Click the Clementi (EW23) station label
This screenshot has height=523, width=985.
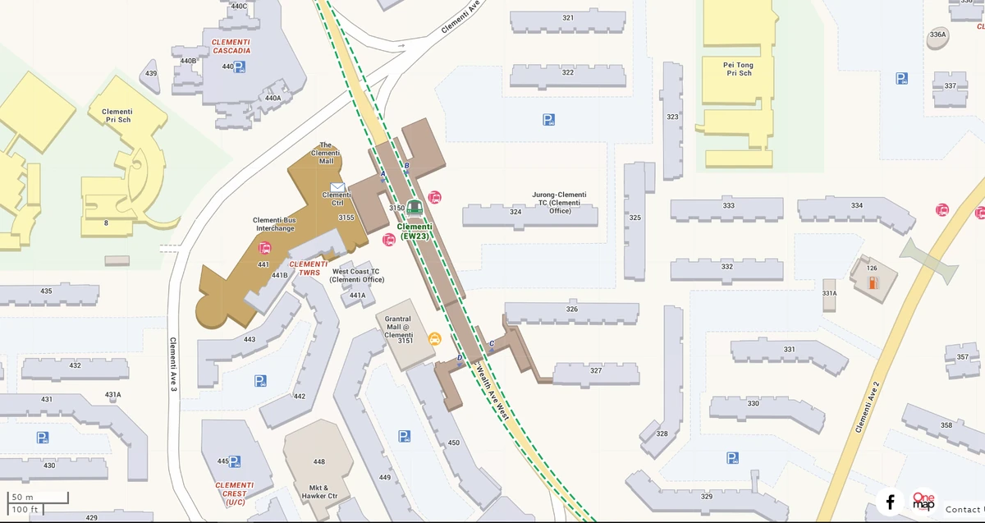tap(415, 231)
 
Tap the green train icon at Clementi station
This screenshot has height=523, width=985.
tap(415, 207)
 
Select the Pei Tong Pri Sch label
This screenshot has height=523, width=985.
tap(739, 69)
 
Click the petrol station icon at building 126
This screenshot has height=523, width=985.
tap(873, 283)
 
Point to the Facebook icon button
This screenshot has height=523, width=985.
tap(890, 502)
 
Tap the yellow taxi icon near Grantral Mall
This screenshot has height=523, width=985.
tap(434, 338)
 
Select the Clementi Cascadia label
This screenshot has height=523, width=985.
tap(231, 46)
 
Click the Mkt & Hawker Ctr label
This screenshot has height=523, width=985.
tap(319, 491)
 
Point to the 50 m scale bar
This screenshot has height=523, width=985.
tap(38, 498)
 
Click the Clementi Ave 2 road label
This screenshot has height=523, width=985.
tap(867, 407)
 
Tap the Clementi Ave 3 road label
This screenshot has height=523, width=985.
tap(173, 364)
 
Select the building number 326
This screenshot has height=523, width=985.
tap(572, 310)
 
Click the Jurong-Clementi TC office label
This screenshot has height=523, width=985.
tap(558, 202)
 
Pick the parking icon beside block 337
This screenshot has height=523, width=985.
tap(901, 79)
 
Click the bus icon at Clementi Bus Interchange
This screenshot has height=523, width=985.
tap(265, 248)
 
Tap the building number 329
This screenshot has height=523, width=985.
tap(707, 497)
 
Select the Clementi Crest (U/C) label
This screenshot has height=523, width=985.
tap(234, 493)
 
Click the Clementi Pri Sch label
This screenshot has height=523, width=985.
tap(117, 116)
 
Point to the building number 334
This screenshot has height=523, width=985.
tap(857, 205)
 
